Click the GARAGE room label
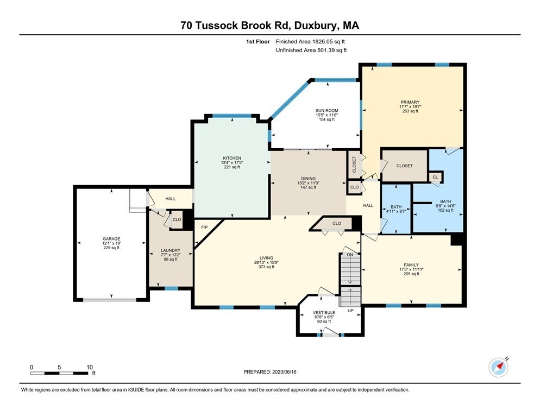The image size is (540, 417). (x=111, y=238)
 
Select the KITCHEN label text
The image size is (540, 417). (x=231, y=158)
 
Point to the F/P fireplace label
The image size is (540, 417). (x=205, y=227)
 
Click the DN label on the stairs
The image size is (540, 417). (x=350, y=255)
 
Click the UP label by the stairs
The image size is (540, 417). (x=350, y=311)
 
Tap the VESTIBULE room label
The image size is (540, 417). (x=324, y=313)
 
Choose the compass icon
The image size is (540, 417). (x=498, y=368)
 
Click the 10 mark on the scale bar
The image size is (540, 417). (x=90, y=367)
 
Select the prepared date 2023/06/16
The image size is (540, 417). (x=270, y=371)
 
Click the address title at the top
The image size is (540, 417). (x=269, y=25)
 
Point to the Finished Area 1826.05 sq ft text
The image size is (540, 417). (x=311, y=41)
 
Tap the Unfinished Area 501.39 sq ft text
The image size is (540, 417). (x=311, y=50)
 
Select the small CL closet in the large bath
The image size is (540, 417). (x=435, y=177)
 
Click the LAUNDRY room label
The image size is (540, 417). (x=170, y=250)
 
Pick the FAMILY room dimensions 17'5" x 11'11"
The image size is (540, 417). (x=411, y=269)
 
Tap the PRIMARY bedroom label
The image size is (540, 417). (x=410, y=102)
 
